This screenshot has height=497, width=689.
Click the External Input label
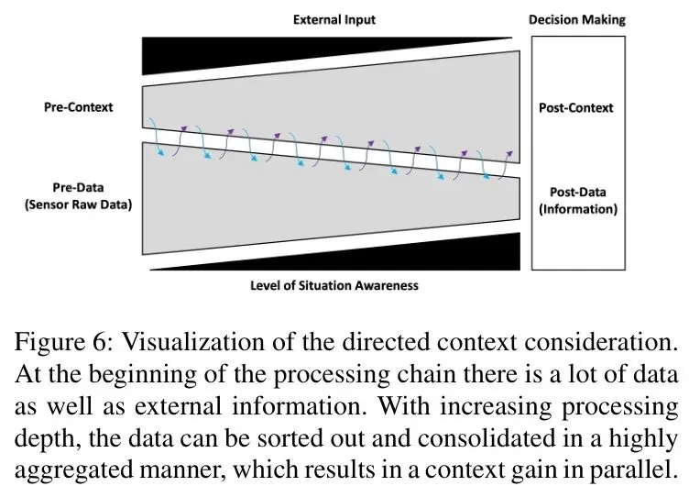pos(334,19)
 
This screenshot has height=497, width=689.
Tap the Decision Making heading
pos(577,19)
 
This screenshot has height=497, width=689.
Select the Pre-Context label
pos(79,107)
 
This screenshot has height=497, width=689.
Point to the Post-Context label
pos(576,108)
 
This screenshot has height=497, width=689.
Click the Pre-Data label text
pos(78,189)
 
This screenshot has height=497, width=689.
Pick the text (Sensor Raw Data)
pos(78,205)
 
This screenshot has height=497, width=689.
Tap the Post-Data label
pos(577,193)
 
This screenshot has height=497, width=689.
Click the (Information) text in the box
pos(577,209)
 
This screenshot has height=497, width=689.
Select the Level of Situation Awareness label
pos(334,285)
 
